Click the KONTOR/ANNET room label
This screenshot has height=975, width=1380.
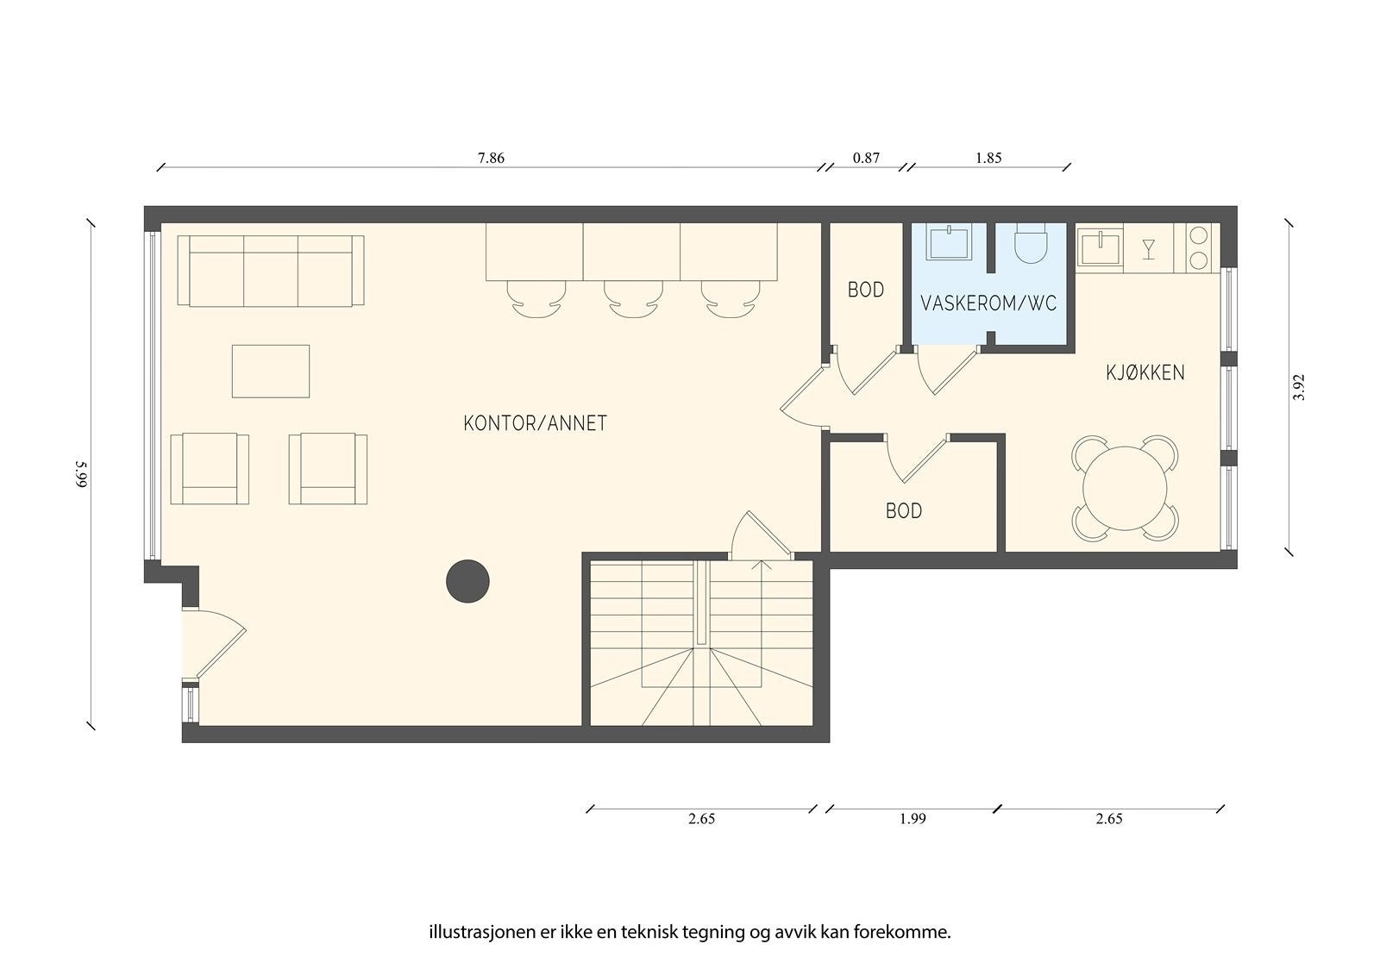click(535, 423)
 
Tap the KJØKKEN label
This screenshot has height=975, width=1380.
click(1145, 372)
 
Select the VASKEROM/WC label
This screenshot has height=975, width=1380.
click(988, 303)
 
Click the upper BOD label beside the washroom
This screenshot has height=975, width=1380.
click(865, 290)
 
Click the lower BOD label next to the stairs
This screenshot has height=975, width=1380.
click(903, 510)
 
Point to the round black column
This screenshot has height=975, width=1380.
click(467, 581)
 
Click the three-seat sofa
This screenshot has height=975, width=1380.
click(270, 271)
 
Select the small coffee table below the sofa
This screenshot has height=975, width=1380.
click(270, 371)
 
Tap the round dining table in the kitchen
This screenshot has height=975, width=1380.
click(1124, 488)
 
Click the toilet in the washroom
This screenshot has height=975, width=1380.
click(1029, 244)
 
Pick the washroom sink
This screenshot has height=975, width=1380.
click(948, 242)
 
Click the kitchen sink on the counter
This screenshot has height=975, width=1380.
click(1099, 247)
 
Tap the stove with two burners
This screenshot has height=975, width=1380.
click(1198, 247)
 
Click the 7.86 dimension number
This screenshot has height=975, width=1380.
click(491, 158)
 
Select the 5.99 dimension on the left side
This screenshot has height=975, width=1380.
click(80, 473)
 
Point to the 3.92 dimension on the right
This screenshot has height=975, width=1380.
click(1299, 386)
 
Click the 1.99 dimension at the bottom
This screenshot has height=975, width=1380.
click(912, 819)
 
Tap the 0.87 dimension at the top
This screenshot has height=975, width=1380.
click(865, 158)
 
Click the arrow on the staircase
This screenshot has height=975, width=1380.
click(762, 566)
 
